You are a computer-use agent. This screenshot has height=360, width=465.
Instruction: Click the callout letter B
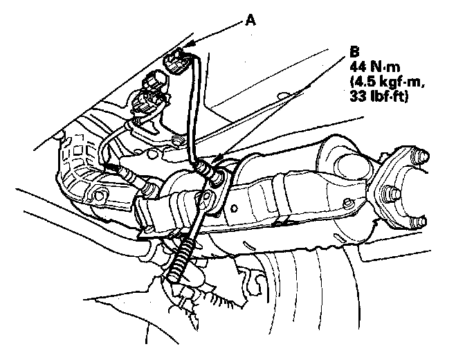point(355,51)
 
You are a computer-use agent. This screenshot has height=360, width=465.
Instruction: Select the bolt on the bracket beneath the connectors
point(179,143)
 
